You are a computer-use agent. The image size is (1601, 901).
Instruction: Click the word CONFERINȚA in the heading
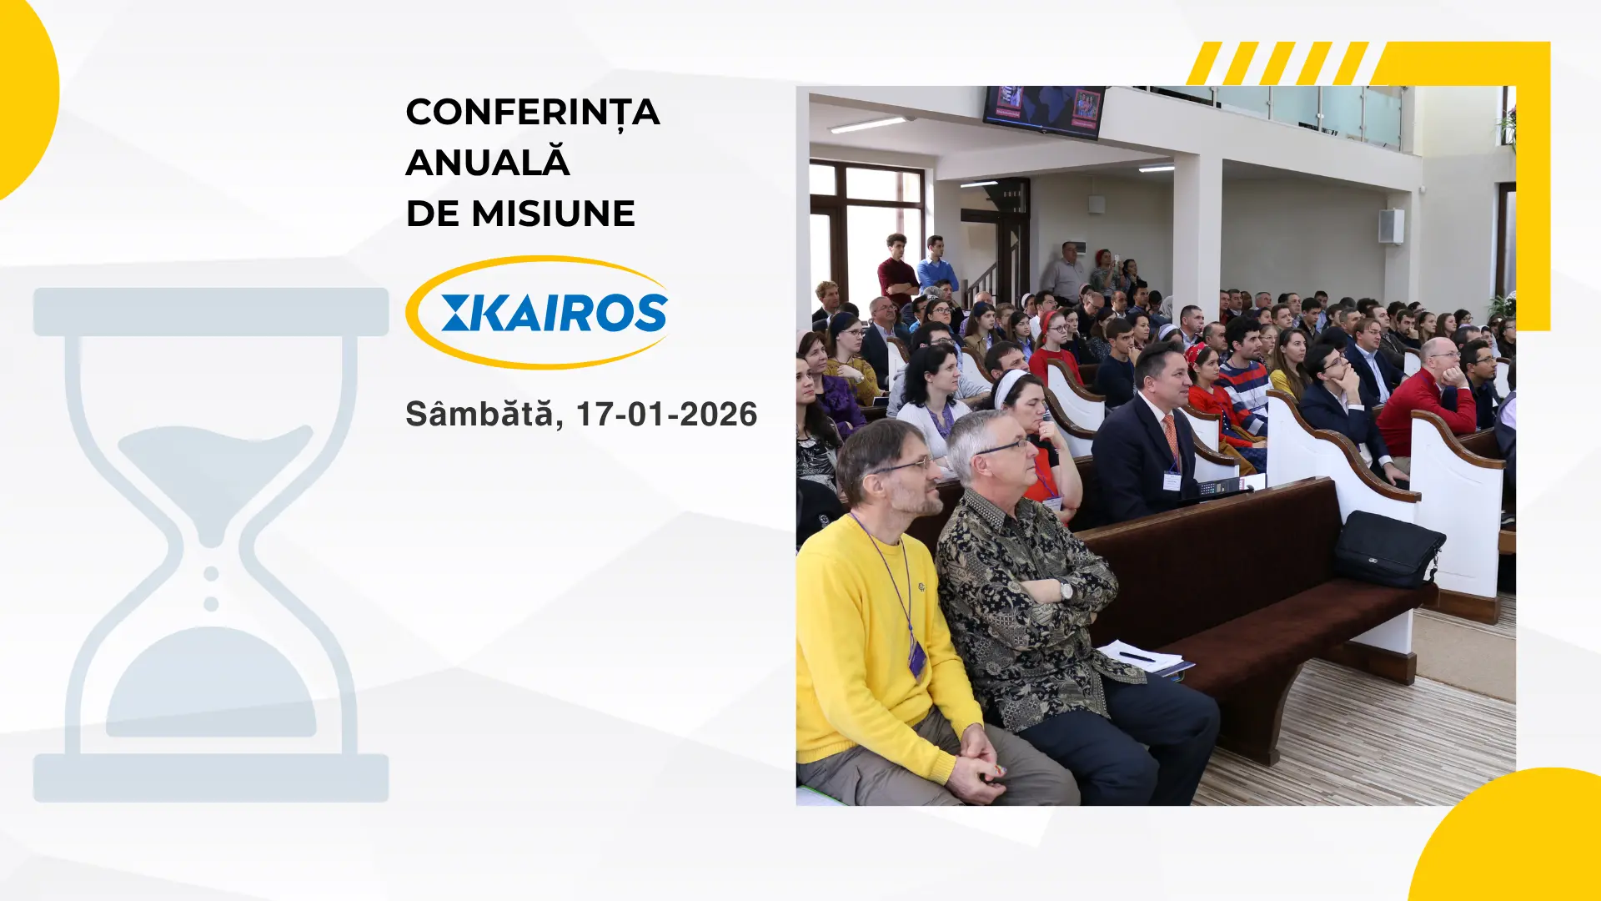532,113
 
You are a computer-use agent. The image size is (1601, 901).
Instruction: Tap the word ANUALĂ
488,163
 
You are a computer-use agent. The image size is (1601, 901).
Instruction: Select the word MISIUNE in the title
553,214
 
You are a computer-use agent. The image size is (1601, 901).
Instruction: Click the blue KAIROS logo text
555,313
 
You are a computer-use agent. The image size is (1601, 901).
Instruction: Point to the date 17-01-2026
666,415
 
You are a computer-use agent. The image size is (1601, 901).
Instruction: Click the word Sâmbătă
479,414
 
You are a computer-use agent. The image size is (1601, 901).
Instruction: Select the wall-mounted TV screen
1044,110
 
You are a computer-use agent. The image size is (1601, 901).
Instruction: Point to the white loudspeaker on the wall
1390,226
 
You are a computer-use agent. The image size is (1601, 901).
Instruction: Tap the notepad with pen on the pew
1142,657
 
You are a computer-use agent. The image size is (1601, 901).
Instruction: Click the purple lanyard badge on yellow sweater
916,659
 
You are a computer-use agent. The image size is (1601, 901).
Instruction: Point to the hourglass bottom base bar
211,778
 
